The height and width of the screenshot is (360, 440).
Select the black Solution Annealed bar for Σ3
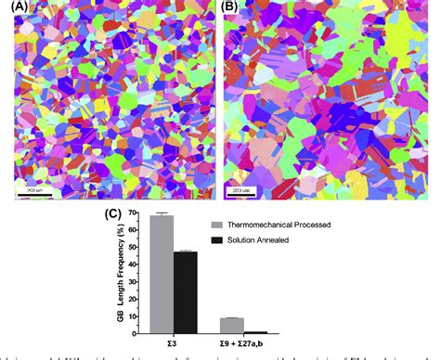pos(186,291)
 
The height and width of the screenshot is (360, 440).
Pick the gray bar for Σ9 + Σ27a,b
pos(231,325)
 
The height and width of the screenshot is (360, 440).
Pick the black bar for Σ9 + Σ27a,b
pos(255,331)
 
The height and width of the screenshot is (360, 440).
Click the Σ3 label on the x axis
pos(174,343)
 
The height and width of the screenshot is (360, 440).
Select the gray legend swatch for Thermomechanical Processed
pos(218,225)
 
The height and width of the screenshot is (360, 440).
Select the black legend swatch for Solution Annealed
pos(218,239)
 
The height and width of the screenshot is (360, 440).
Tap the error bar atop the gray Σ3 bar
pos(162,214)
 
